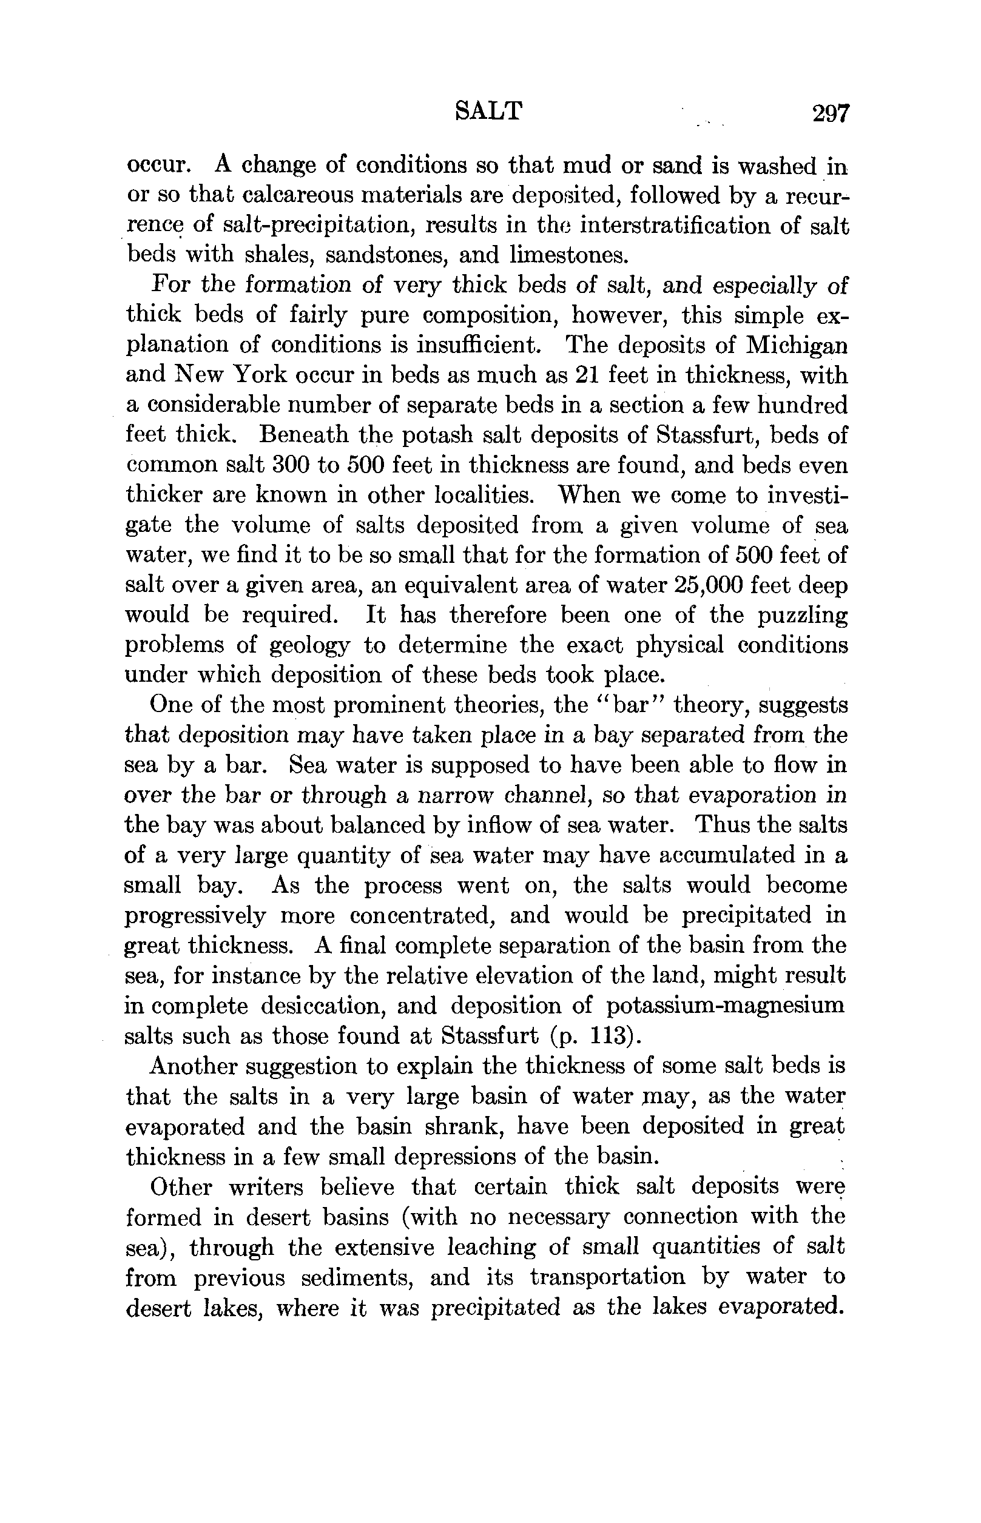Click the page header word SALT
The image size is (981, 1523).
pyautogui.click(x=489, y=112)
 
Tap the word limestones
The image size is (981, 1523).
pyautogui.click(x=569, y=255)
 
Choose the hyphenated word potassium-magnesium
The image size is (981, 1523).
pyautogui.click(x=725, y=1006)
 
